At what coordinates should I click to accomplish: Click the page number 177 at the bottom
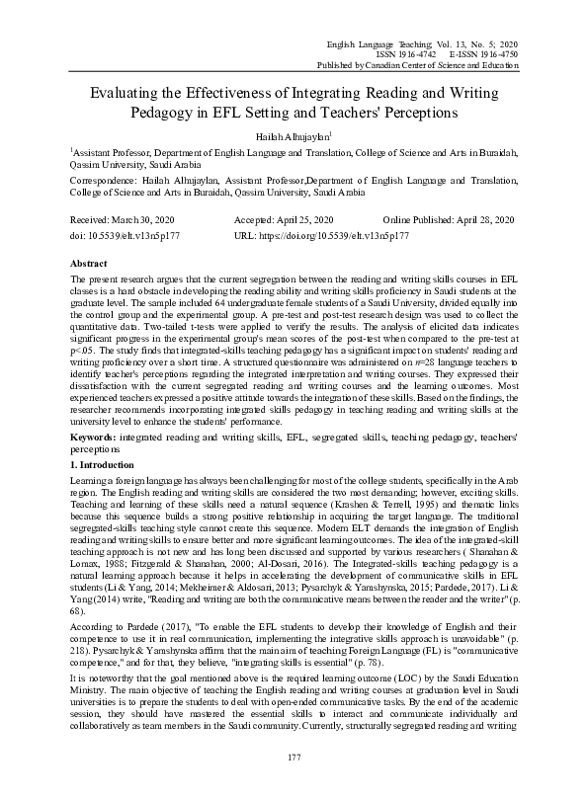click(x=294, y=758)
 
